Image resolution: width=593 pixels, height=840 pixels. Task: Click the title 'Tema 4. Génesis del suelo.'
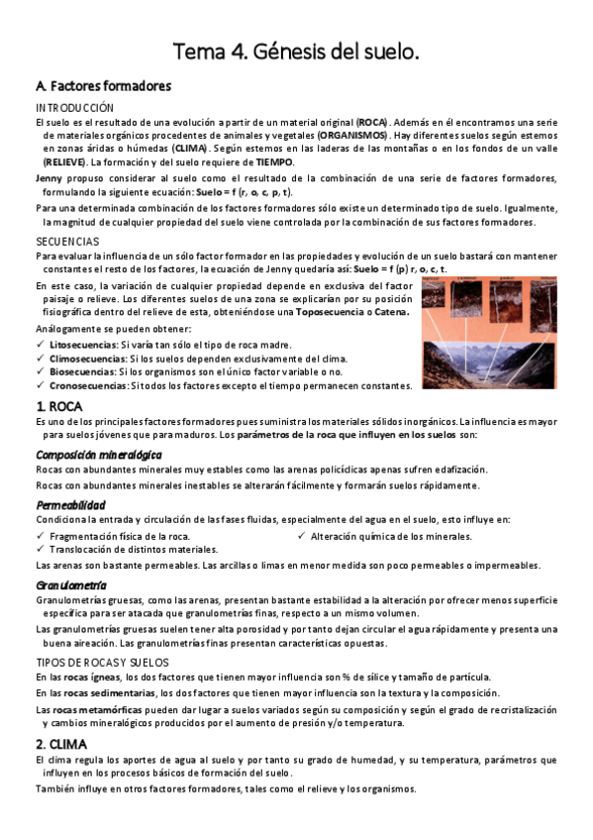pyautogui.click(x=296, y=51)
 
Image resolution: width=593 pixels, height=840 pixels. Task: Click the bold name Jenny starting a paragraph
pyautogui.click(x=49, y=177)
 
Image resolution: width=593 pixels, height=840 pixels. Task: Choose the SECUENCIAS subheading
pyautogui.click(x=67, y=241)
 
